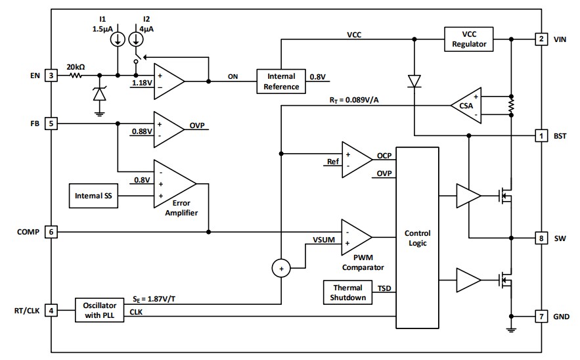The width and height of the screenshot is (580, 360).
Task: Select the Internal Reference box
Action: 282,81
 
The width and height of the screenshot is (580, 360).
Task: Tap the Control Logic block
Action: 417,238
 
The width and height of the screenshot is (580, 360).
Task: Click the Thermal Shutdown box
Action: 347,292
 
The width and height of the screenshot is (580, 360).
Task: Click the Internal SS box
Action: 93,196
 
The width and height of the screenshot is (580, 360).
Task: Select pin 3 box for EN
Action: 50,76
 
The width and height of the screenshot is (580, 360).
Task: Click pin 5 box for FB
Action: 50,123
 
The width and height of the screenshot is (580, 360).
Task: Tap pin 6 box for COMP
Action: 50,232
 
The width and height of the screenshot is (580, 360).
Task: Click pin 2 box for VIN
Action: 541,39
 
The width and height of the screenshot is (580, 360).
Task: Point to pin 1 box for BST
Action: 541,136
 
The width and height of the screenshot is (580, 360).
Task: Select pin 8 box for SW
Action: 541,238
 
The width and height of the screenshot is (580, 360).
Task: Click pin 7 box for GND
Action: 541,317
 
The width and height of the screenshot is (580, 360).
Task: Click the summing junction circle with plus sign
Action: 281,269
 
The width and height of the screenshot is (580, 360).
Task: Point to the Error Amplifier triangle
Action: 172,185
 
